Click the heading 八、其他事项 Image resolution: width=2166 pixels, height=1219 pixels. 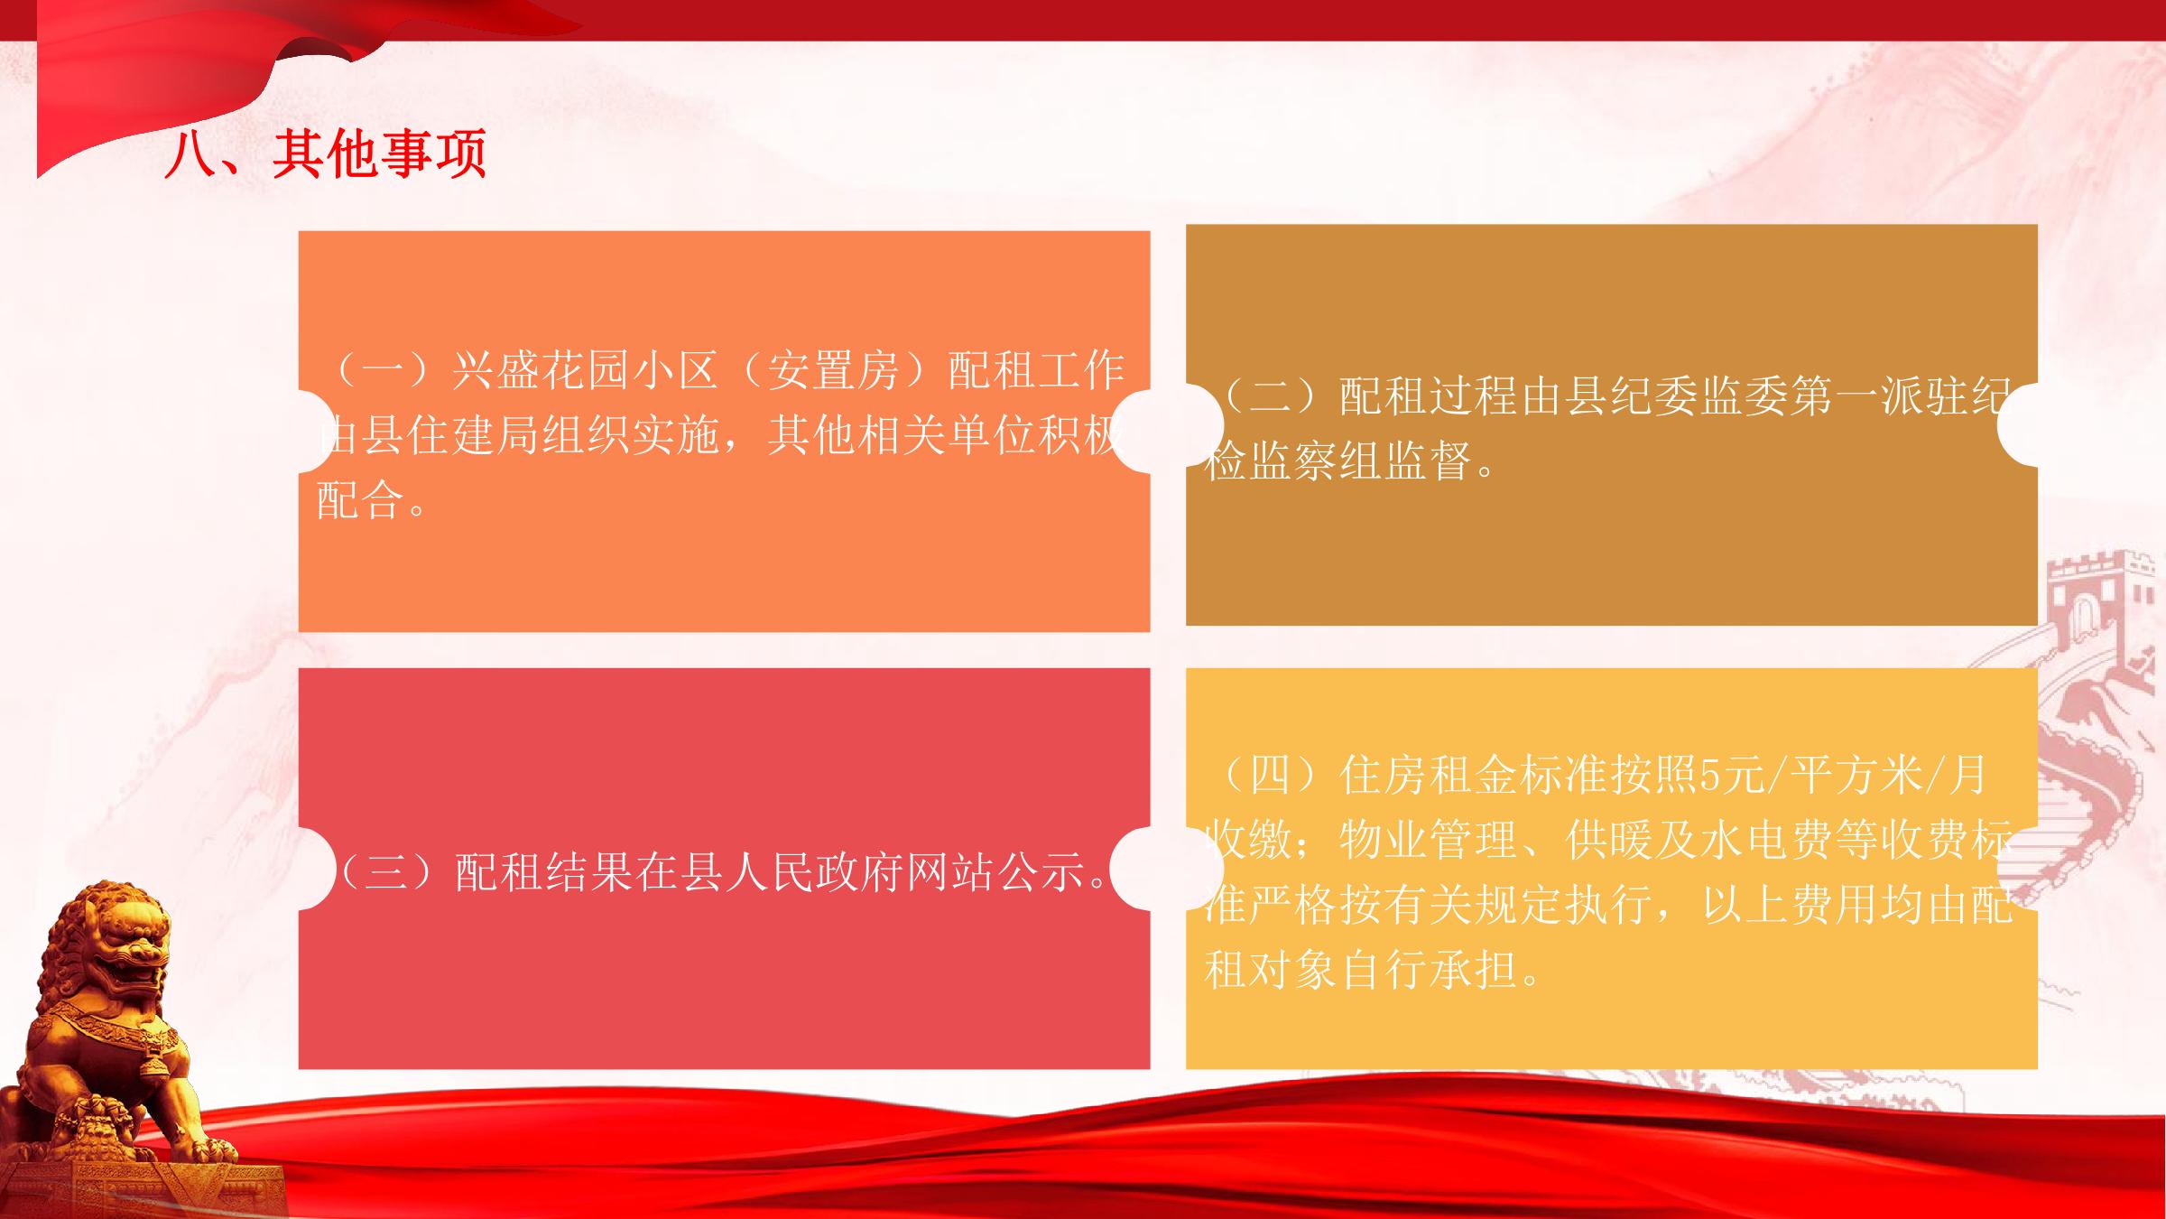coord(326,154)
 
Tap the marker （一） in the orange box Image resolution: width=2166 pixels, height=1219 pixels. coord(384,371)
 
